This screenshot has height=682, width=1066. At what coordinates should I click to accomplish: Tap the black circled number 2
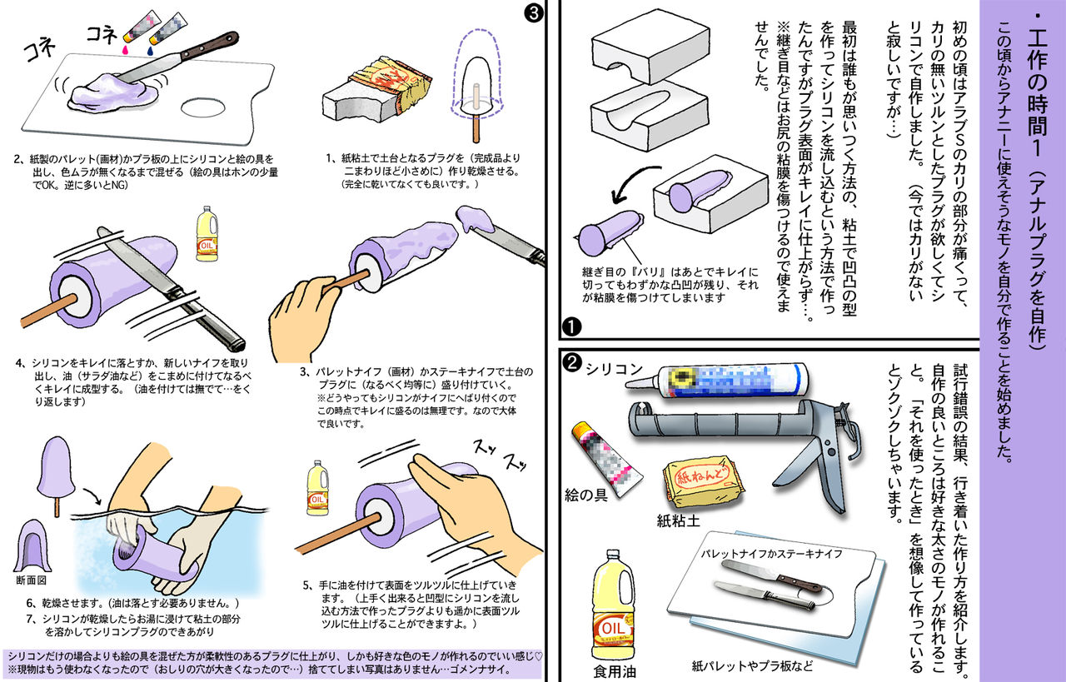click(572, 362)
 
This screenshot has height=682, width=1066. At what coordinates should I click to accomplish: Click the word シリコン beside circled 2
click(614, 366)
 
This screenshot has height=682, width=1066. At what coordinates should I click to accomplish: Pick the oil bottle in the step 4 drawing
click(206, 236)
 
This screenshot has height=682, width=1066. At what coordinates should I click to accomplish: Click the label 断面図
click(32, 580)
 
